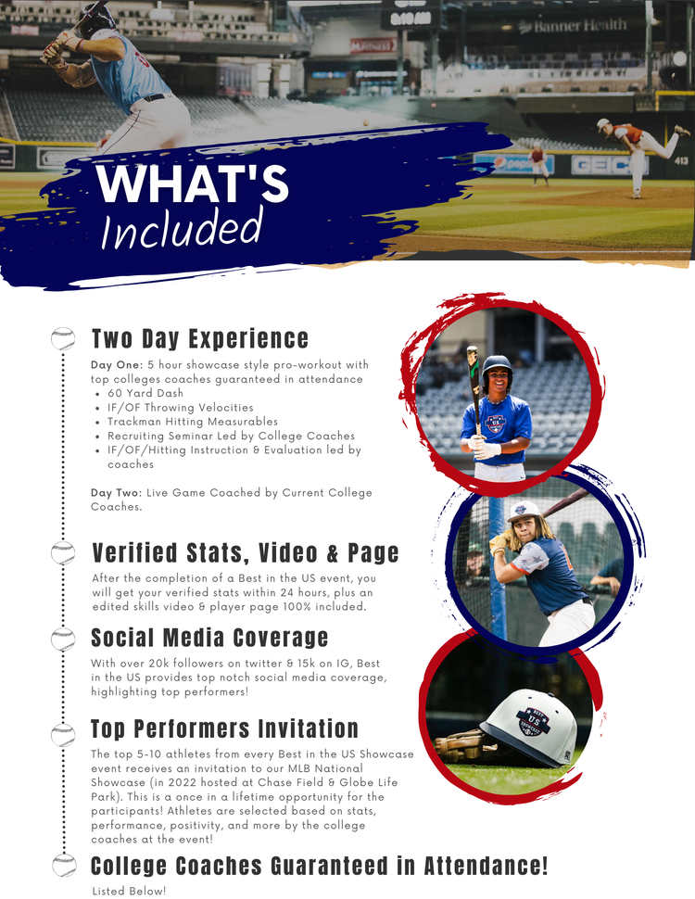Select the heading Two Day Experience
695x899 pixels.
click(199, 338)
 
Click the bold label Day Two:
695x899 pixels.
click(116, 492)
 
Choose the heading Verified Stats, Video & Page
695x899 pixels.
click(246, 553)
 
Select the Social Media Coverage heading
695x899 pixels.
click(209, 638)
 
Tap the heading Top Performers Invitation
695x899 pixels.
click(224, 728)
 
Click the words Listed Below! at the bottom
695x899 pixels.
click(129, 890)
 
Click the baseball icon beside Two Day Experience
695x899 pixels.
click(63, 338)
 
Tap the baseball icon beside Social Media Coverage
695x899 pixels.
click(63, 639)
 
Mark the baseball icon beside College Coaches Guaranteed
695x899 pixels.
click(63, 866)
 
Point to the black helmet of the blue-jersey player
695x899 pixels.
click(498, 366)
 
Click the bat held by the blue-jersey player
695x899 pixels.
click(474, 389)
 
